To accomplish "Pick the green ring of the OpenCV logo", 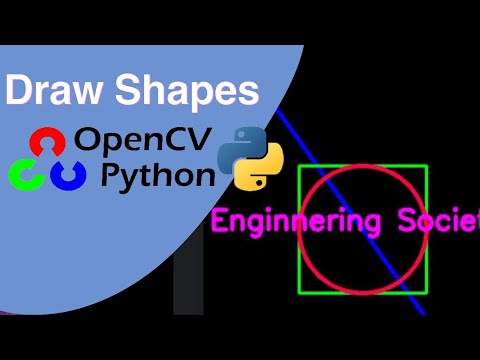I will (x=24, y=174).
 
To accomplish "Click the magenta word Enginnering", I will (x=294, y=220).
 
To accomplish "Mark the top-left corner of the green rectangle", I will (x=299, y=166).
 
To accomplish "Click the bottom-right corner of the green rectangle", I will (x=427, y=292).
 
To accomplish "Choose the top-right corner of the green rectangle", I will (x=427, y=166).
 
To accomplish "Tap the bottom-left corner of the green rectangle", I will (x=299, y=292).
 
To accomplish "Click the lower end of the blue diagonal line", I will (x=424, y=313).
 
